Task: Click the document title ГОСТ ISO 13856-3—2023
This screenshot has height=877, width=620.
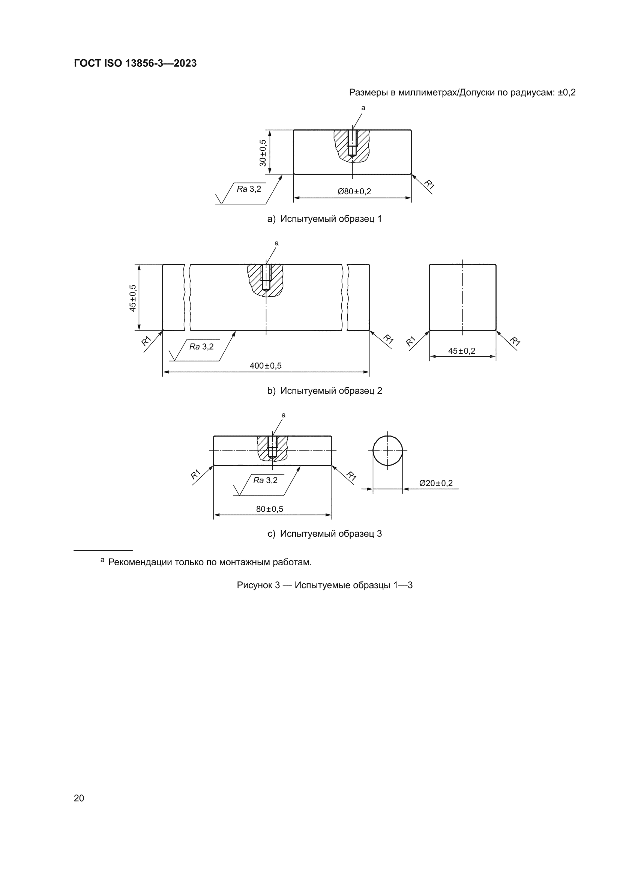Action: tap(135, 63)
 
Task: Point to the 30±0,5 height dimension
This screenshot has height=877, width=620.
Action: tap(263, 152)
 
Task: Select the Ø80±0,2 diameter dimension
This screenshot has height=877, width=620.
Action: tap(354, 191)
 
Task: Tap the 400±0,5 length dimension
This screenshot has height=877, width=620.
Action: tap(266, 366)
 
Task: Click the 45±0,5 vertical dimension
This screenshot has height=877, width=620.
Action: tap(132, 298)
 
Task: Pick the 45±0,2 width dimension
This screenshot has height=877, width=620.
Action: tap(461, 351)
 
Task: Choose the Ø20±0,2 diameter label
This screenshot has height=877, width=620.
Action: tap(436, 483)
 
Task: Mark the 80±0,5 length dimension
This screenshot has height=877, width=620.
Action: tap(270, 509)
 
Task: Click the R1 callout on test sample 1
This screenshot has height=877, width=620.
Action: tap(430, 185)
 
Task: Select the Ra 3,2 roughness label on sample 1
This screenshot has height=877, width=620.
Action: tap(249, 189)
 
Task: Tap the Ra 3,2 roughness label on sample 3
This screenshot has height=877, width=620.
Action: tap(266, 480)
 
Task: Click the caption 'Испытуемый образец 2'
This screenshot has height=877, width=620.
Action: tap(331, 391)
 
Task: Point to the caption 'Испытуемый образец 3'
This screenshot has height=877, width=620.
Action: tap(331, 534)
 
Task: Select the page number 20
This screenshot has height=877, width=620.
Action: tap(79, 798)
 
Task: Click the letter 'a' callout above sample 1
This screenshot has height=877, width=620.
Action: tap(363, 108)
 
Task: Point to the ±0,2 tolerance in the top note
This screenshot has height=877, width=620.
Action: tap(566, 92)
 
